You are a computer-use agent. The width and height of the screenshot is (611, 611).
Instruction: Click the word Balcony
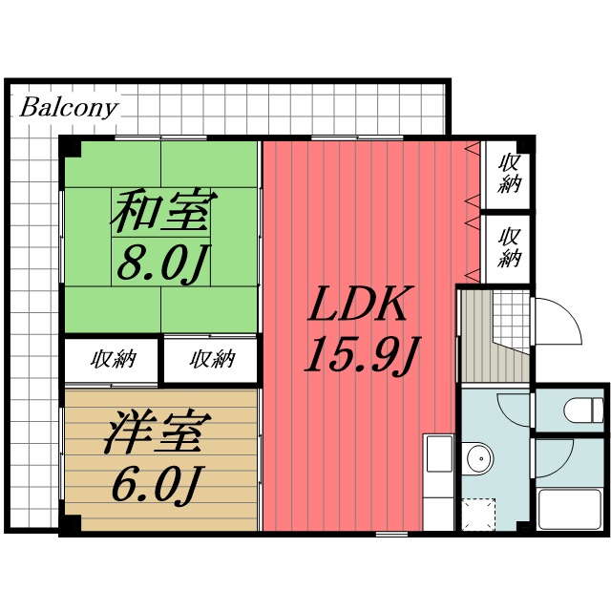click(69, 107)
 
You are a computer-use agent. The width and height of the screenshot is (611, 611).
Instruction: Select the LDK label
click(359, 307)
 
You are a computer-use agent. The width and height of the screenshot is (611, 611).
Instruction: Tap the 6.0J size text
click(154, 486)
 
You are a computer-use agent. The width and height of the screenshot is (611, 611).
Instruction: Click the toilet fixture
click(582, 411)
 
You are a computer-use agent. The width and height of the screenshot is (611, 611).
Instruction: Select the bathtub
click(569, 508)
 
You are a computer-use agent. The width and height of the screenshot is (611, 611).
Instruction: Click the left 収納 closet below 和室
click(113, 360)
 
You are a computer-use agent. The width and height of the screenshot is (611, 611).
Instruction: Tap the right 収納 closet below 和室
click(211, 360)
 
